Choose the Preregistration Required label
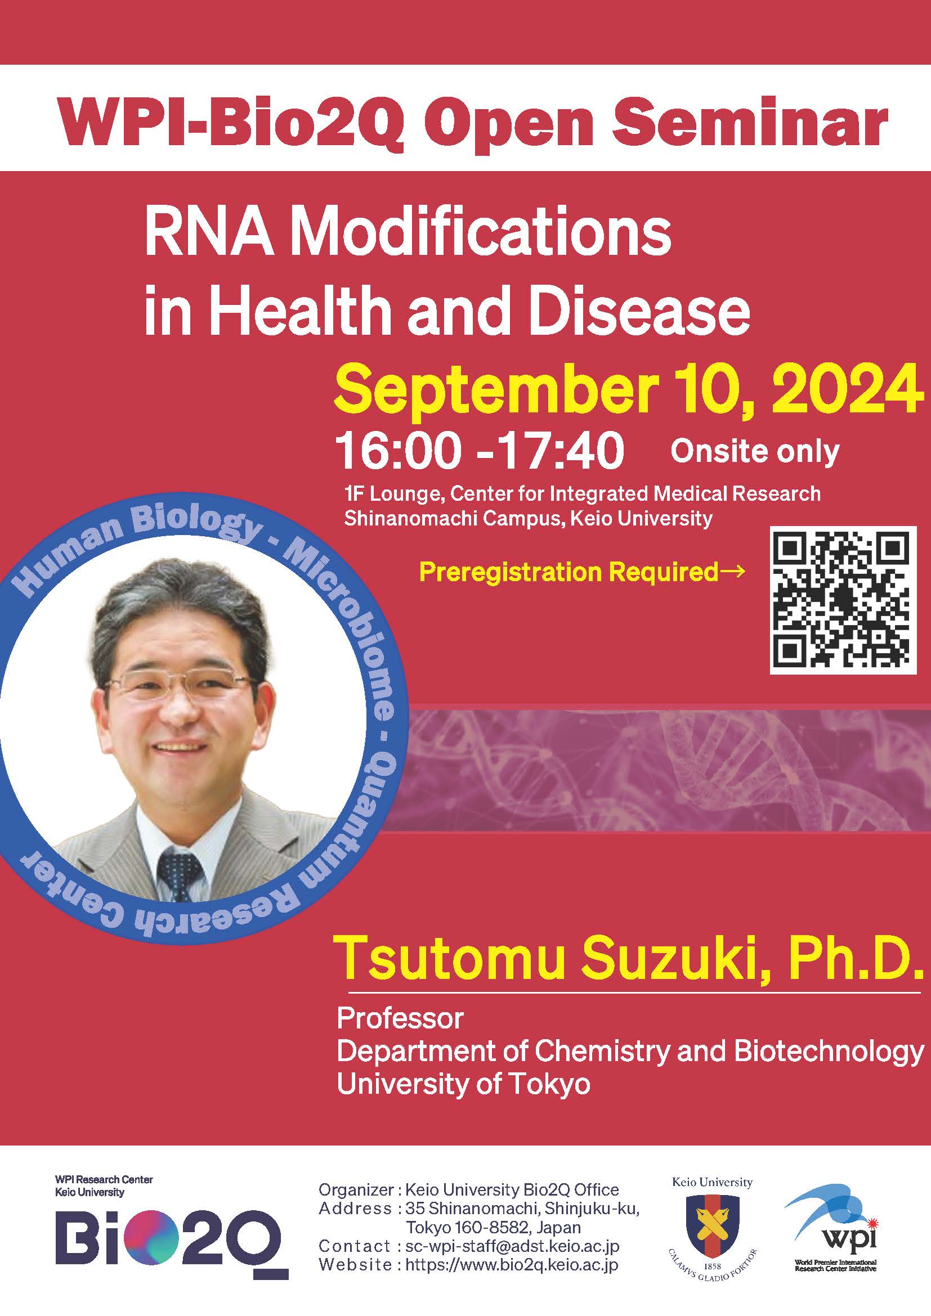581,572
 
